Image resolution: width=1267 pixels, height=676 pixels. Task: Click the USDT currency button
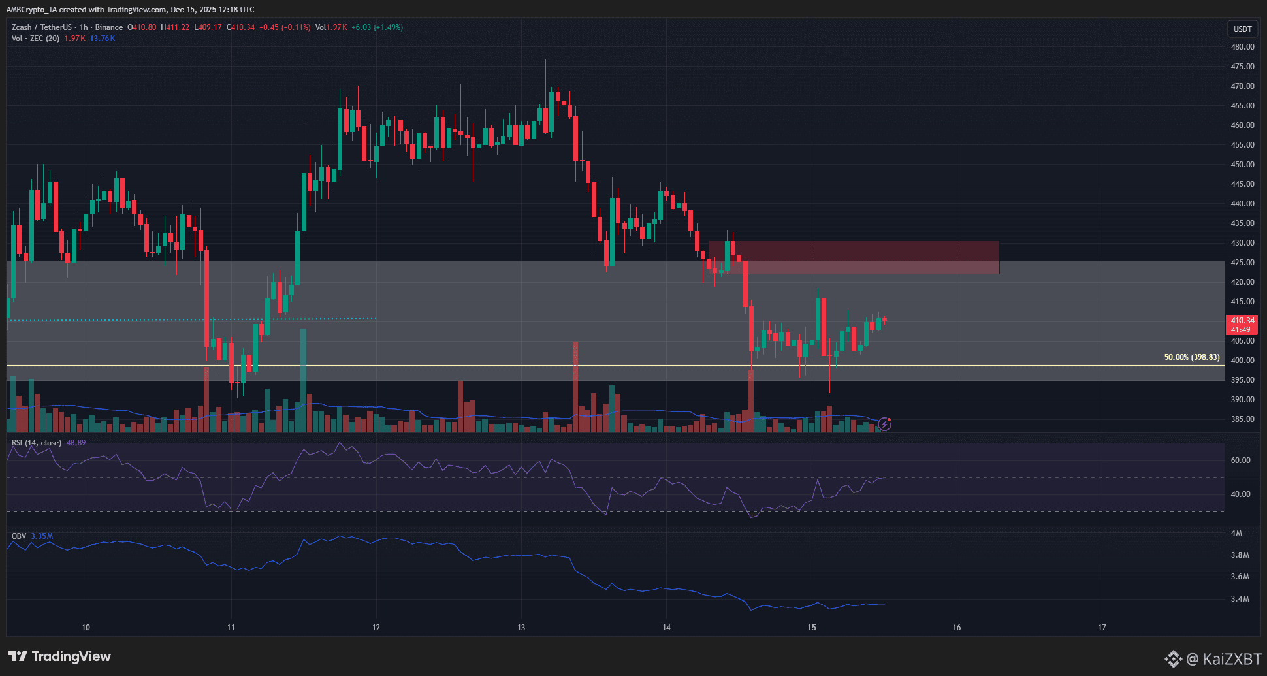click(x=1242, y=29)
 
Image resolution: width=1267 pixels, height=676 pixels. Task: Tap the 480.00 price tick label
click(x=1242, y=47)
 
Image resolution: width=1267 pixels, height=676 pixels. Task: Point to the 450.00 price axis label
click(x=1242, y=165)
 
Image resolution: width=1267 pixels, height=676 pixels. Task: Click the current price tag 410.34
click(x=1242, y=321)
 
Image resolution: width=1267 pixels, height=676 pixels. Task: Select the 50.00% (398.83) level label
click(x=1191, y=357)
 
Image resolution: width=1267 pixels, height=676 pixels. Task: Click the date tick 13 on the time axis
click(x=521, y=628)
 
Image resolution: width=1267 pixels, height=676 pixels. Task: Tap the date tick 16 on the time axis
click(x=957, y=628)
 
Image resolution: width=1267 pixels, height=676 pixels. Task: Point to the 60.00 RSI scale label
click(x=1240, y=460)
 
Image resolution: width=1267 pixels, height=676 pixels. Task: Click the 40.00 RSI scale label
click(x=1240, y=494)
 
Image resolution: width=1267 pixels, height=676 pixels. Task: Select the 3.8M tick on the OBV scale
click(x=1240, y=555)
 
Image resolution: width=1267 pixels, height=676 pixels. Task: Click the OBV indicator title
click(x=19, y=536)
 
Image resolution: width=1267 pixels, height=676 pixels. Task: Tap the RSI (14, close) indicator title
click(x=37, y=443)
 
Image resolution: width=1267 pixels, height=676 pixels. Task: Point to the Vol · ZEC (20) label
click(x=35, y=39)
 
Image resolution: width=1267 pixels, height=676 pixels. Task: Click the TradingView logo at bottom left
click(x=59, y=656)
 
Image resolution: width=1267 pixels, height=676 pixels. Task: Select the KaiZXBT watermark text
click(x=1223, y=659)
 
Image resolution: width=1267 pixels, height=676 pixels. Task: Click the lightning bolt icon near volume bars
click(x=884, y=425)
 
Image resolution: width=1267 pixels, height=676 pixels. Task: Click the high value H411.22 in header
click(x=175, y=27)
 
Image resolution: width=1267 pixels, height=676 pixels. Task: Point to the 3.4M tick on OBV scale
click(x=1240, y=599)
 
